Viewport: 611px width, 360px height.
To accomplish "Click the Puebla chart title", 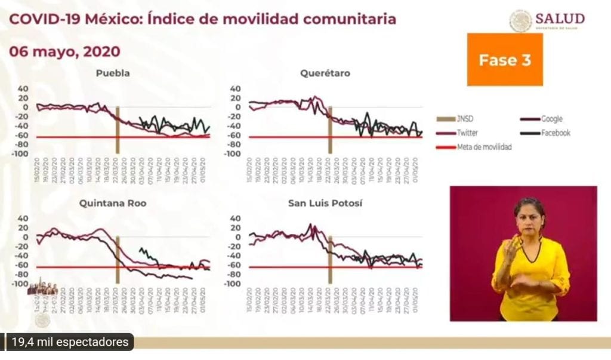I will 113,73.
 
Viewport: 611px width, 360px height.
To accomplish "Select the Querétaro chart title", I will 325,73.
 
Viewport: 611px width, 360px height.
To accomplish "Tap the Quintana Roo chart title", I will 113,204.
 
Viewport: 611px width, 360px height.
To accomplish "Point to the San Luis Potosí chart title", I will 325,204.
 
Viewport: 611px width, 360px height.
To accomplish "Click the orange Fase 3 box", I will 505,60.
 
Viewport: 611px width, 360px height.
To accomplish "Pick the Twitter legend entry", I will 468,133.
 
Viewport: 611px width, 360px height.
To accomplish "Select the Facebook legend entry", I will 555,133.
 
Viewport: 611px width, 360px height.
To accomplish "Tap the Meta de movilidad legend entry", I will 484,147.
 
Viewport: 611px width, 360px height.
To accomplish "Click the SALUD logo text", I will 560,19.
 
